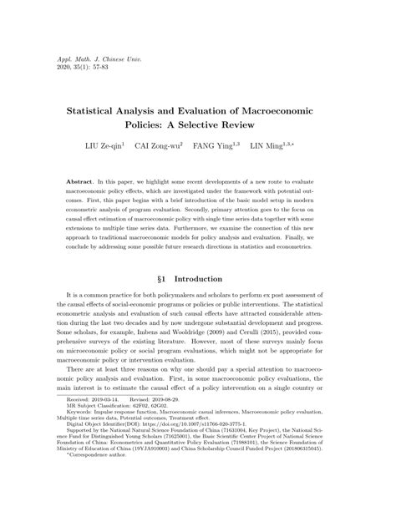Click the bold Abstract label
[79, 181]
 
